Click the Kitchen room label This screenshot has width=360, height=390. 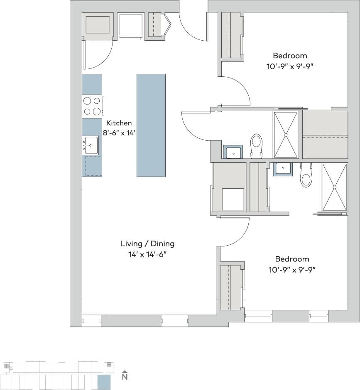point(119,123)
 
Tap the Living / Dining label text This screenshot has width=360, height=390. point(147,244)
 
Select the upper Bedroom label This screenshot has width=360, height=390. point(290,56)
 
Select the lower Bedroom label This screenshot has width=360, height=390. point(292,259)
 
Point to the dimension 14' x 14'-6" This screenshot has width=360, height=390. point(147,254)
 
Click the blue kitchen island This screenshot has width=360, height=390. point(151,125)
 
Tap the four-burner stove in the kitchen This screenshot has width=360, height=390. point(92,106)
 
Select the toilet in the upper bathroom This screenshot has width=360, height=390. point(257,145)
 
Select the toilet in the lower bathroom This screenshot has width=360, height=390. point(306,175)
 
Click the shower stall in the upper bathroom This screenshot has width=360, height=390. point(286,134)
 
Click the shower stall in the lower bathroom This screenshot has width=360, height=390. point(334,188)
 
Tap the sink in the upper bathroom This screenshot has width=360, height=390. point(233,152)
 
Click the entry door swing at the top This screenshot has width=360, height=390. point(193,27)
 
